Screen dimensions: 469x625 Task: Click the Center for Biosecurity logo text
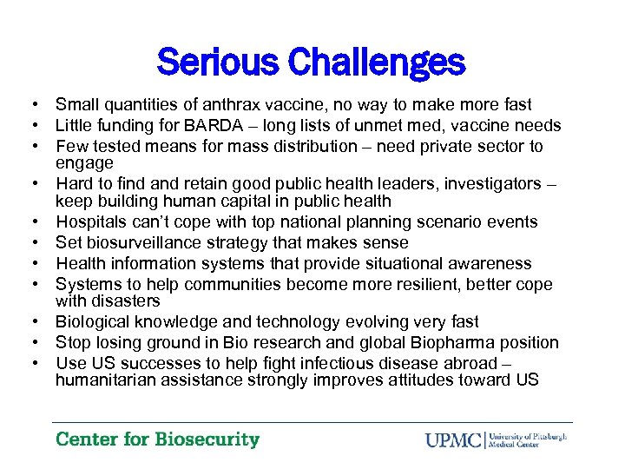tap(157, 439)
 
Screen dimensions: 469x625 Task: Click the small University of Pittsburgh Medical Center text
tap(528, 439)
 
